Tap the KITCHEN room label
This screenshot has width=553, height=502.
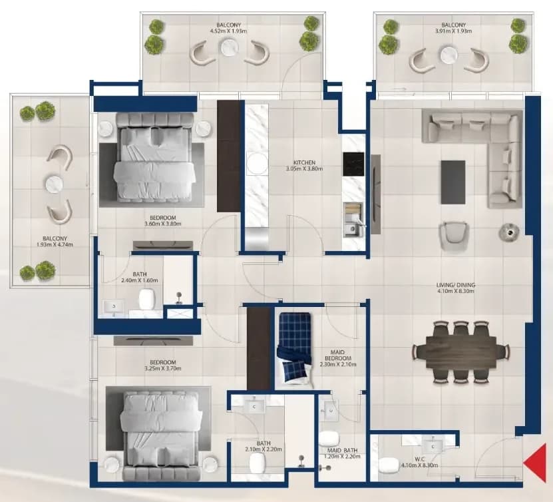(x=304, y=162)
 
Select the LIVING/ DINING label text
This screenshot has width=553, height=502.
(x=456, y=285)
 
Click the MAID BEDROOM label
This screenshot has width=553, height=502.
(x=337, y=356)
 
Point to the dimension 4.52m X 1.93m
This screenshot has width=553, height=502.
(x=228, y=31)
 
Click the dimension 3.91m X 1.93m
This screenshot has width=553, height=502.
(x=454, y=31)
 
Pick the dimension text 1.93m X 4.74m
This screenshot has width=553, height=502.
(x=55, y=244)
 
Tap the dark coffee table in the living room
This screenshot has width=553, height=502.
(x=453, y=182)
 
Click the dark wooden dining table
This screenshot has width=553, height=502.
(x=461, y=352)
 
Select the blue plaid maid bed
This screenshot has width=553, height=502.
(x=295, y=347)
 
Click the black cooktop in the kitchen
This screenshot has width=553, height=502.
(x=353, y=164)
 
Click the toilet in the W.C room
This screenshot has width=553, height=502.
(x=389, y=465)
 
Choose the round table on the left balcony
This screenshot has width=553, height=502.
(x=55, y=184)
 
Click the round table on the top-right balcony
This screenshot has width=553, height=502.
(x=449, y=55)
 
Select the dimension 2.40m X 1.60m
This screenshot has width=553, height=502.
(x=139, y=280)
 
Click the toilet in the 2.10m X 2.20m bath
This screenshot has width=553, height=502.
(x=257, y=463)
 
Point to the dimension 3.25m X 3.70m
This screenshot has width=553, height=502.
(x=162, y=369)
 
